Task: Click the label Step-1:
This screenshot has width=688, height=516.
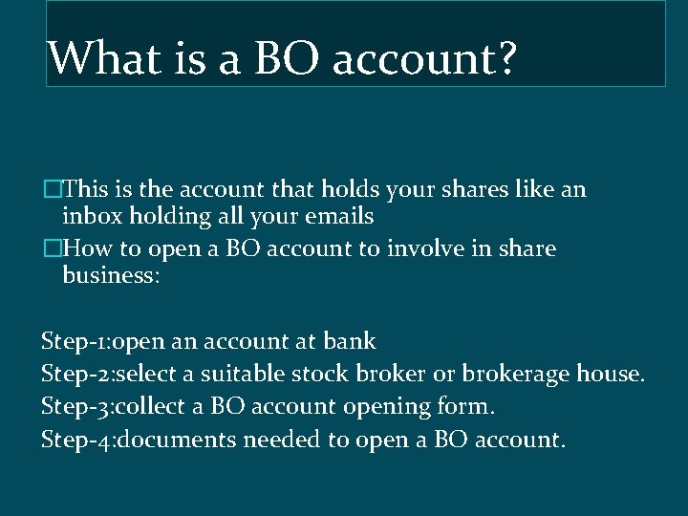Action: click(x=75, y=342)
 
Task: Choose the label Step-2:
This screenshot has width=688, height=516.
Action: click(x=76, y=375)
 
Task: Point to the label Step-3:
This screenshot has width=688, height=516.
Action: click(x=76, y=408)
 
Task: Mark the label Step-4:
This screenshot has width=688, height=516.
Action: click(x=76, y=441)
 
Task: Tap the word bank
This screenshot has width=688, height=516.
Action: click(x=350, y=341)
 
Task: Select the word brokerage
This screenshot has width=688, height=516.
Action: click(x=516, y=374)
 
